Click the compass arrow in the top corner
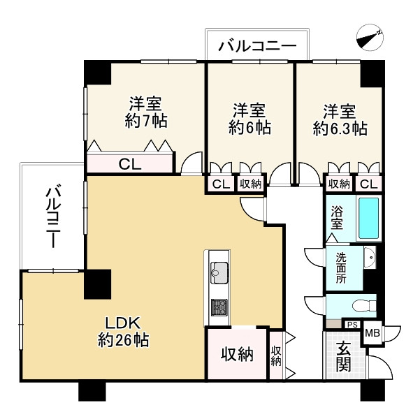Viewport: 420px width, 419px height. (370, 37)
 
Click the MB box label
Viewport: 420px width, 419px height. (372, 334)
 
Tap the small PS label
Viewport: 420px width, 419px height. (352, 325)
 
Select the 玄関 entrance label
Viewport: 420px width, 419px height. (342, 357)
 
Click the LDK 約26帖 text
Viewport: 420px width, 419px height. (123, 332)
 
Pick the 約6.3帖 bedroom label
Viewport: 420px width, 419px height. (340, 119)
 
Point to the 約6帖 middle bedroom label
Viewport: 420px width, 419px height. (249, 119)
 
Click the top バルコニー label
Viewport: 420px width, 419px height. (257, 47)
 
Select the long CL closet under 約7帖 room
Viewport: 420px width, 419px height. (129, 165)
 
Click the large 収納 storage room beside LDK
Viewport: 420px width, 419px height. (236, 354)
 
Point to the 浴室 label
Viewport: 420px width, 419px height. (337, 216)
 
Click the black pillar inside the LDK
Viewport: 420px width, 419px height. (97, 284)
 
